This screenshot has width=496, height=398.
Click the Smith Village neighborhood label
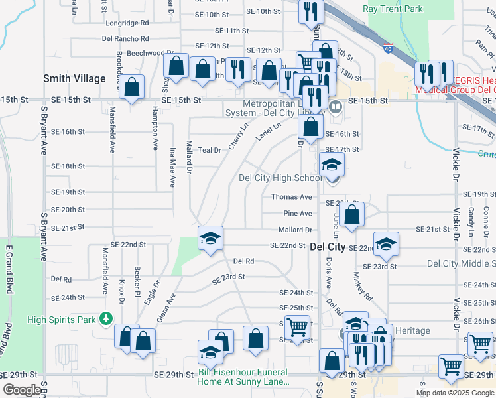(74, 78)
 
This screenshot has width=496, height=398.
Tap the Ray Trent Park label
(393, 9)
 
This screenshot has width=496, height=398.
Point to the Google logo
(22, 390)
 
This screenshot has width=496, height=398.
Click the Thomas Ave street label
(291, 197)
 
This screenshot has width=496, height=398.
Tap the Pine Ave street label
(297, 214)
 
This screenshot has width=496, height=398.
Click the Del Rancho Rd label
(126, 38)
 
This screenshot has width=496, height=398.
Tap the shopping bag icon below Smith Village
(133, 88)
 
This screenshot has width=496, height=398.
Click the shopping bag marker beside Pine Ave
(353, 214)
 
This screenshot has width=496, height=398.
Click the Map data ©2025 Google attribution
(455, 393)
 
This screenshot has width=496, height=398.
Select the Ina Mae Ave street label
(172, 170)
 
